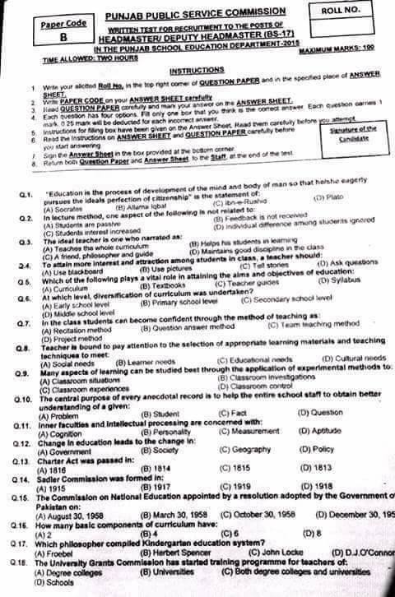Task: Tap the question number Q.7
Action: pyautogui.click(x=24, y=317)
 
